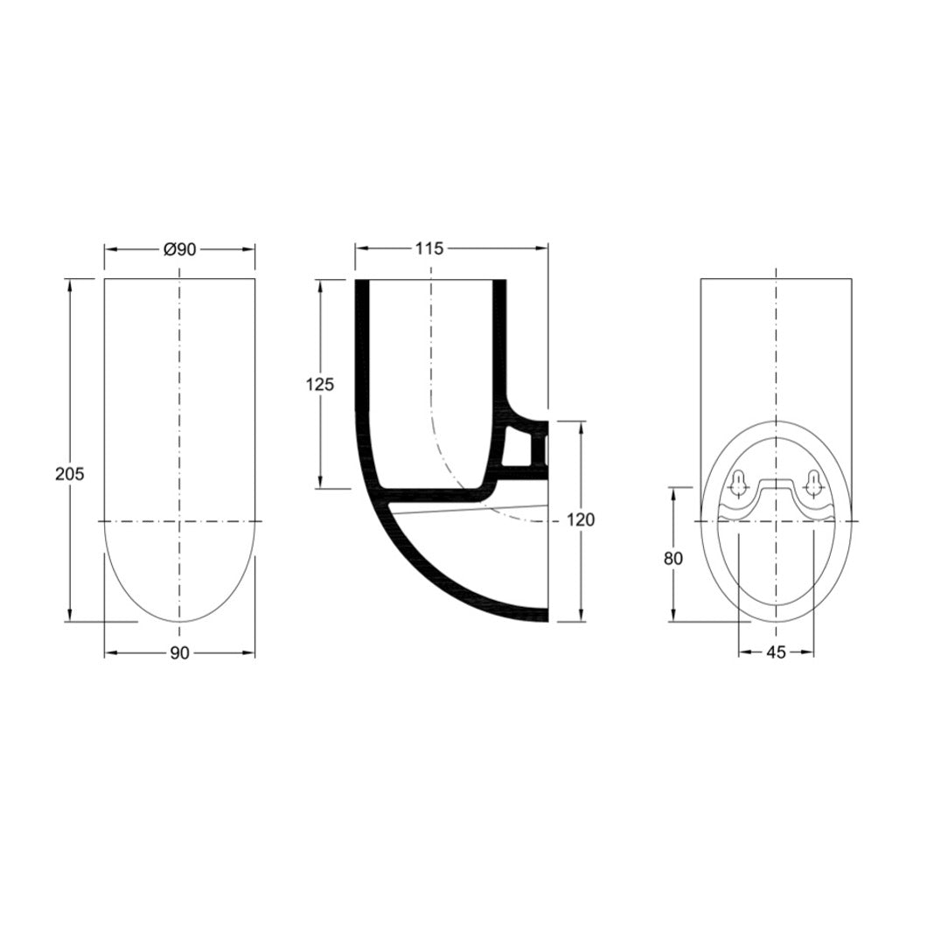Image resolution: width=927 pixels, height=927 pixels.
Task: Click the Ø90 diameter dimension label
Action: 179,249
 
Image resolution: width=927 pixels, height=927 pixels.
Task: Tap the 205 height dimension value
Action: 69,474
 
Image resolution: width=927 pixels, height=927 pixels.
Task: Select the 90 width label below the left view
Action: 179,653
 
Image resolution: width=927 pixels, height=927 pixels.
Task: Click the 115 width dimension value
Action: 429,249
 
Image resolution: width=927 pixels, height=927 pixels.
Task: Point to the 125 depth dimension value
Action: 320,384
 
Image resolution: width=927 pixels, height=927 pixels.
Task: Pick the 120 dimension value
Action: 581,520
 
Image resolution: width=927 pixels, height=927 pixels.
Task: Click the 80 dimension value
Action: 673,558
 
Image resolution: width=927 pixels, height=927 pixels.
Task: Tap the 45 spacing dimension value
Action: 776,652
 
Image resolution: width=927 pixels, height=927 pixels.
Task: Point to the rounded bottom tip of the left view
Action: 179,621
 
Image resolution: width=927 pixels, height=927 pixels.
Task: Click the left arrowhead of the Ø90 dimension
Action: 109,249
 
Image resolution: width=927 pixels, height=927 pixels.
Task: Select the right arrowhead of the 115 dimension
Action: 544,249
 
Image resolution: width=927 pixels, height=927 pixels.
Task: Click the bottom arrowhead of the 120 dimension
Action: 581,617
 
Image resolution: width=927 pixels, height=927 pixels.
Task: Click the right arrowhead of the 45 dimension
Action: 809,652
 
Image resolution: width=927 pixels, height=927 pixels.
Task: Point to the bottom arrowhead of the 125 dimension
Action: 320,483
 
